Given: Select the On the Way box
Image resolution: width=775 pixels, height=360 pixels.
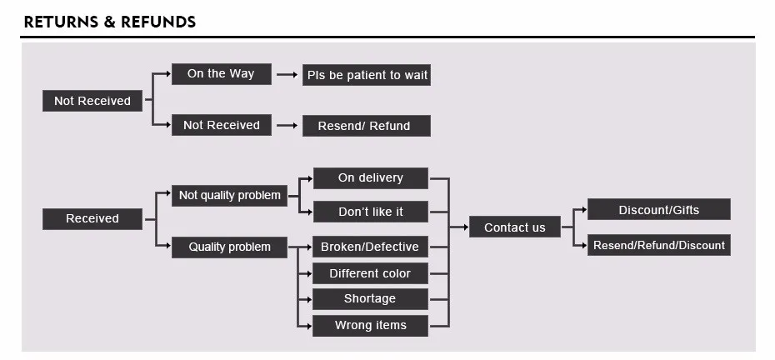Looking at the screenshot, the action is click(x=222, y=74).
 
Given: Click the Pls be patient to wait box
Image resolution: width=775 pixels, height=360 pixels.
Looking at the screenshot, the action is click(x=366, y=75).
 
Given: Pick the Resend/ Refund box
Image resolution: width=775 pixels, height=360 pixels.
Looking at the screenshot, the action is click(x=366, y=126).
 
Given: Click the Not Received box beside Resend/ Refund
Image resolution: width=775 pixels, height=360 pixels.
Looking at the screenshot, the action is click(x=222, y=125).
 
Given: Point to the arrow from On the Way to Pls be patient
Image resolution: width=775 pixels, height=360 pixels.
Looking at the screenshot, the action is click(x=287, y=75).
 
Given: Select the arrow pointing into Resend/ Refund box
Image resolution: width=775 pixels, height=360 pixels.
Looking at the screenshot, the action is click(x=287, y=126).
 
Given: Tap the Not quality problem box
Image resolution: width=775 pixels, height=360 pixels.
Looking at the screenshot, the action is click(x=229, y=195).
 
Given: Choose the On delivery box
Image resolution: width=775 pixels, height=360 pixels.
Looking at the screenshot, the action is click(x=371, y=178).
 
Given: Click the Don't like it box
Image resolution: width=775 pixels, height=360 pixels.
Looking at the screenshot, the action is click(x=371, y=212).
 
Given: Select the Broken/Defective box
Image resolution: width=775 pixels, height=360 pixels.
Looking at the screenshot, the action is click(x=370, y=247).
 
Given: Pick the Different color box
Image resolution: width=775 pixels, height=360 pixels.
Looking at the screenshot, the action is click(x=370, y=273).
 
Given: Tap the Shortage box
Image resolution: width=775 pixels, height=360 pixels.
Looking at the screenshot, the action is click(x=370, y=299).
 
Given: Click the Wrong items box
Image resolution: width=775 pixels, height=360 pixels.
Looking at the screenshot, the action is click(x=370, y=326).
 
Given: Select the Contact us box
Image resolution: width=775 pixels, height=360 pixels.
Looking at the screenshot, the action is click(x=514, y=227).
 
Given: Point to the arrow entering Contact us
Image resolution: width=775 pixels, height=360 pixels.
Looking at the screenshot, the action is click(x=458, y=227).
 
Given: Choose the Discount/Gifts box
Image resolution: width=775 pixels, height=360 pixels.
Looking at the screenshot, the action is click(x=659, y=209).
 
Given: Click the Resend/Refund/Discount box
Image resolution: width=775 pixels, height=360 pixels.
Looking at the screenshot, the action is click(x=659, y=245).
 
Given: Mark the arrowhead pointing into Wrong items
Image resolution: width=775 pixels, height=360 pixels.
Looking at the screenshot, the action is click(x=309, y=326).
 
